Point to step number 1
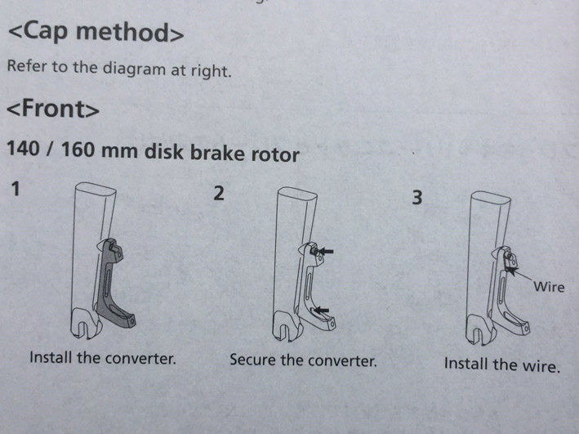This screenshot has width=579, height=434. point(16,190)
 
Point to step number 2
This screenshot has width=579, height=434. point(217,195)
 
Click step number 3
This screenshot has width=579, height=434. point(416,199)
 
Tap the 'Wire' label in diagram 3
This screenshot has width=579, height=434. point(548,287)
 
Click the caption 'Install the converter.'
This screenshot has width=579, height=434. point(103,358)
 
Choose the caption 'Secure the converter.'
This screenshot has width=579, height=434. point(303,360)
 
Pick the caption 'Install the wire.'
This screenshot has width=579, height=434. point(502,364)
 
